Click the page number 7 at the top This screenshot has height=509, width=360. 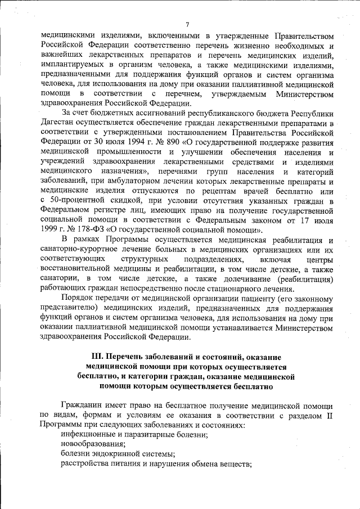187,23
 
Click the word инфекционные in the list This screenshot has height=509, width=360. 87,434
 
